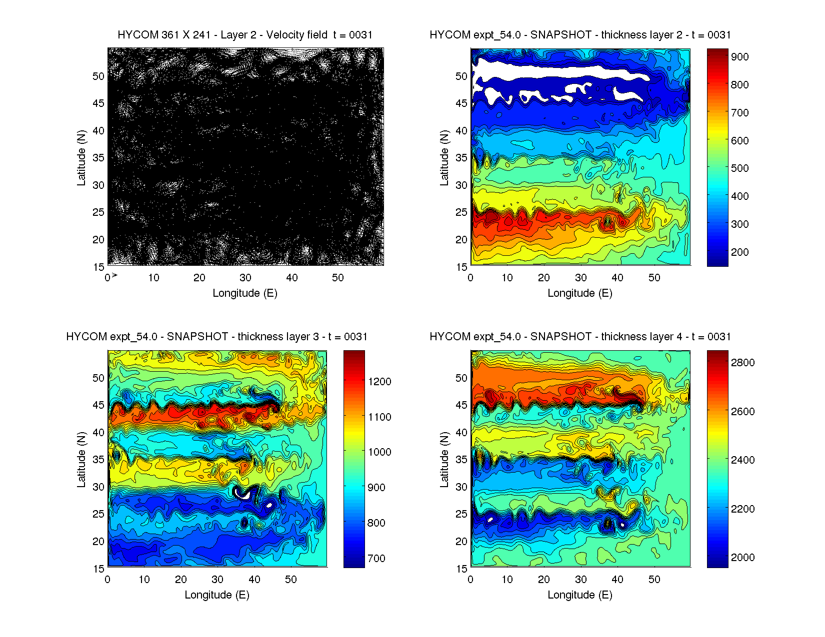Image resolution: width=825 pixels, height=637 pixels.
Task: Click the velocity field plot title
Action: click(x=245, y=35)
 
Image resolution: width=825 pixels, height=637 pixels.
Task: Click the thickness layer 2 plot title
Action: click(x=580, y=35)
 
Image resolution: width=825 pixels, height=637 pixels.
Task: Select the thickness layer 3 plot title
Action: click(x=216, y=337)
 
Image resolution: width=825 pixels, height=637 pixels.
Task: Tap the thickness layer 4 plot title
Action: click(x=580, y=337)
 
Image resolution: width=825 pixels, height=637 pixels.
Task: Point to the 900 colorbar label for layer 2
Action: click(x=740, y=57)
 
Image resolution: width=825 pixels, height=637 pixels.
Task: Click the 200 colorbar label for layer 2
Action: click(x=740, y=252)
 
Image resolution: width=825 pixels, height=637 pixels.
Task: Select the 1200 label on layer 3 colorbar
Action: click(x=379, y=382)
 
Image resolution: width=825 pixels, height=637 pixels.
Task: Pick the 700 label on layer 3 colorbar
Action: click(x=376, y=559)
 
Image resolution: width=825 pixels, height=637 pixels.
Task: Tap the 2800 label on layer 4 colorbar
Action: click(x=743, y=363)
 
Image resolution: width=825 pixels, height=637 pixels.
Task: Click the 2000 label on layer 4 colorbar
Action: click(x=743, y=558)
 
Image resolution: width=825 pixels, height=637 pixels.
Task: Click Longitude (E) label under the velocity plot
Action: click(x=245, y=293)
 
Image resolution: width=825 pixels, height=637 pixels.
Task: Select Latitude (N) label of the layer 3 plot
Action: click(x=81, y=460)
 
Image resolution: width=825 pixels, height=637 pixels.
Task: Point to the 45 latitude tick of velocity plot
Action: click(x=98, y=103)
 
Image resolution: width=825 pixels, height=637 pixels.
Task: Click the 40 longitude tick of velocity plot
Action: click(x=292, y=278)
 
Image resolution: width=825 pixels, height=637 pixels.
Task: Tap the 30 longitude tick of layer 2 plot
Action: click(x=580, y=278)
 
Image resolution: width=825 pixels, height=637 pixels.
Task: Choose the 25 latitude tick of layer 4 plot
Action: click(x=461, y=514)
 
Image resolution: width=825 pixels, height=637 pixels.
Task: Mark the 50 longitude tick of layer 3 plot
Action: click(x=291, y=580)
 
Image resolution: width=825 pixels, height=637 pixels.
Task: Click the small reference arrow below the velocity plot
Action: click(x=114, y=275)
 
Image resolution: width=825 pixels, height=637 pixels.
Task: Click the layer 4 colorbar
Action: click(x=717, y=459)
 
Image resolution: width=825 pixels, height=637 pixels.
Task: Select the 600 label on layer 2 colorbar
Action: click(x=740, y=141)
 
